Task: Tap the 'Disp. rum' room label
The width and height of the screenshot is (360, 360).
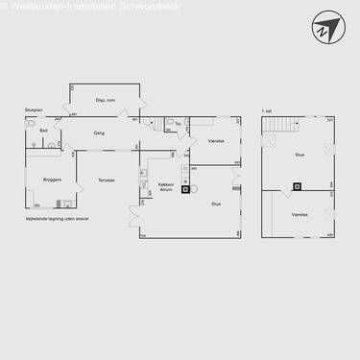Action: click(x=106, y=99)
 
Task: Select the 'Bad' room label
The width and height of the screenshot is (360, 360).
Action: click(x=44, y=130)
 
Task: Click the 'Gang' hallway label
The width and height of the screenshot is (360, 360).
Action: click(x=99, y=133)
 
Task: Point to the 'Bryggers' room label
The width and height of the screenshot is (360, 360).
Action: click(x=53, y=179)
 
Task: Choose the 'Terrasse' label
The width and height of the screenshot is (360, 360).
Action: click(x=107, y=180)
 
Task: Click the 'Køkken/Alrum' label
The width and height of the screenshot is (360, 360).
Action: click(x=165, y=188)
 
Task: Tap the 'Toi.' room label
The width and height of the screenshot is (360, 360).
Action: click(x=179, y=124)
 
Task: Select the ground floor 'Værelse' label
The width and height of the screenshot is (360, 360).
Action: click(x=216, y=140)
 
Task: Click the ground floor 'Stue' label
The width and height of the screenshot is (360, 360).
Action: click(x=216, y=203)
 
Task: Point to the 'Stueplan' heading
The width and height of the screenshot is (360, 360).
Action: click(x=34, y=110)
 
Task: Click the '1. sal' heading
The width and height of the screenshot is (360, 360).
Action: click(x=267, y=110)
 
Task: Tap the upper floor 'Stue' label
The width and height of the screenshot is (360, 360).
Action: click(x=300, y=154)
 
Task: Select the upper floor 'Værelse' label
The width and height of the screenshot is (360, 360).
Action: click(x=300, y=214)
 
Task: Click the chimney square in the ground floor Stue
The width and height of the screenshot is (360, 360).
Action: click(x=185, y=176)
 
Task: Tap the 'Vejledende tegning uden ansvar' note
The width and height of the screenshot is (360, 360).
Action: click(x=58, y=218)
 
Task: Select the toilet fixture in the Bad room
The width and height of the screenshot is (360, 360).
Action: click(x=32, y=125)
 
